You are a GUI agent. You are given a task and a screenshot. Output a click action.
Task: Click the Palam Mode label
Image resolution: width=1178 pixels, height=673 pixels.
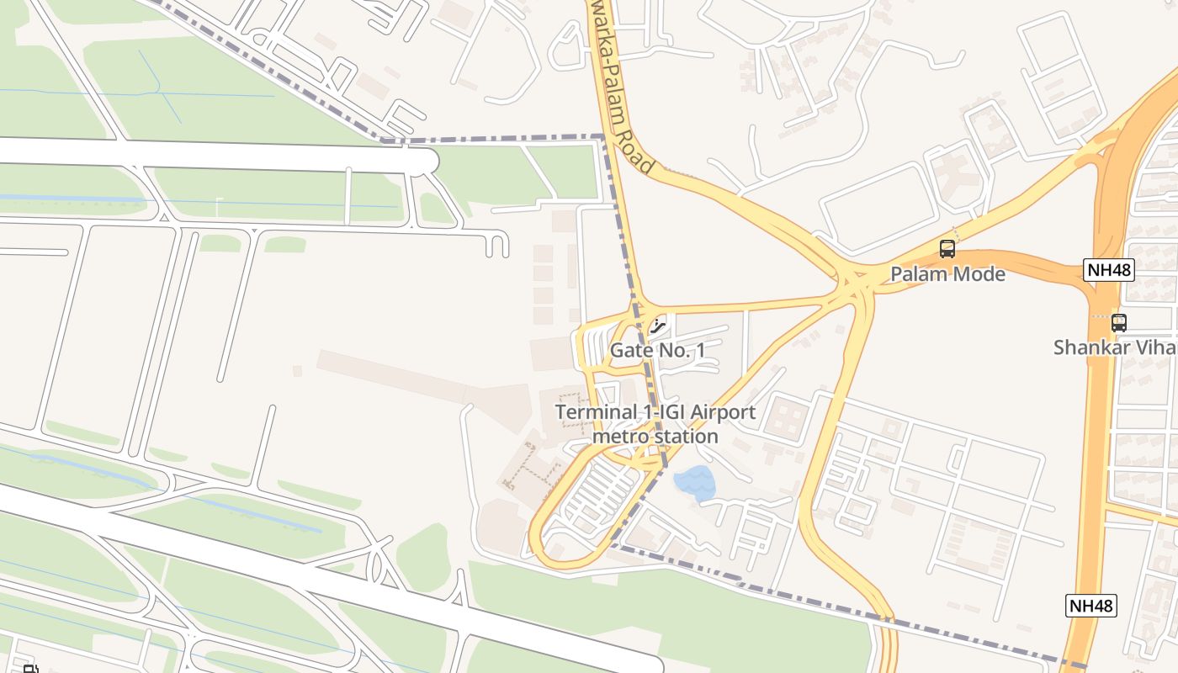[x=947, y=274]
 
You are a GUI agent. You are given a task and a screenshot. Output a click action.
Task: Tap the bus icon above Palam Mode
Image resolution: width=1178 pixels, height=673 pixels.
[x=947, y=249]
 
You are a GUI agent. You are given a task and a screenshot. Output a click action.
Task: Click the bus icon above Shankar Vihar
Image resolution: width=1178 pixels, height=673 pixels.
[x=1118, y=322]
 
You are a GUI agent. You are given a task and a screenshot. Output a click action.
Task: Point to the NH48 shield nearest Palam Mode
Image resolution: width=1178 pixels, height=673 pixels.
[x=1109, y=270]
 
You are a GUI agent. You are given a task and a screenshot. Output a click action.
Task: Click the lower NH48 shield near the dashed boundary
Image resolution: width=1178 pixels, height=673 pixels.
[x=1091, y=605]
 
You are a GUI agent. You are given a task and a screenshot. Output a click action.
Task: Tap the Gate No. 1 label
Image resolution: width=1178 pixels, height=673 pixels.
[x=657, y=351]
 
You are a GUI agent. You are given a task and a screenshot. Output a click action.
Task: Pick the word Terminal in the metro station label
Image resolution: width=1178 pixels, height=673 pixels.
[x=596, y=413]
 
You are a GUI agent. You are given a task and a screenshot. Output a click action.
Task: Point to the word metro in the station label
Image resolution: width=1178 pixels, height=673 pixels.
[x=619, y=437]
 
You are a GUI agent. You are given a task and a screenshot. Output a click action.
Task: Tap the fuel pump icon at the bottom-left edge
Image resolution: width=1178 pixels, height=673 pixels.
[x=31, y=669]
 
